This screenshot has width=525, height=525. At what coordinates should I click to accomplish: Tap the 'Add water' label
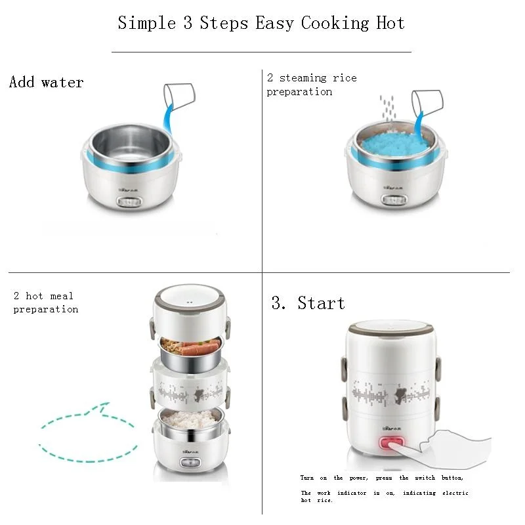47,83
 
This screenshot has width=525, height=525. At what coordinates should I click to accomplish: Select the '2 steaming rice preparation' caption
311,85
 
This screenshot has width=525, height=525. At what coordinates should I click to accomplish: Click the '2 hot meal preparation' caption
45,303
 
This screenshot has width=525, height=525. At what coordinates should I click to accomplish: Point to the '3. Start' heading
308,303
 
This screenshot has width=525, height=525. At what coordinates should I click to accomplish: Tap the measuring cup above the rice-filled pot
427,102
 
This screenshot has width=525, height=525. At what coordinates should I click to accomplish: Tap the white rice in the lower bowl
190,417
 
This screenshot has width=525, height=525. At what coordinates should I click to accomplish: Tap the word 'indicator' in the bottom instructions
352,493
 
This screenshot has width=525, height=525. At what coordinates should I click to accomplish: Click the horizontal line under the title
261,51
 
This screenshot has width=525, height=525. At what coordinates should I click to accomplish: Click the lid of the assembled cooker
392,333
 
